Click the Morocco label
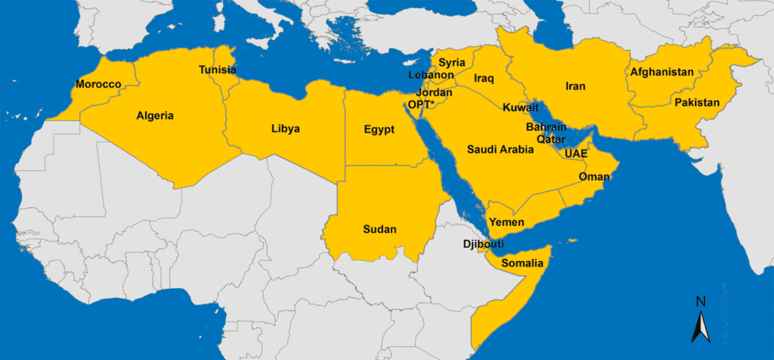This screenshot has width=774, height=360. coord(98,84)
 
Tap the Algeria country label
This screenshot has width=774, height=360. coord(155,116)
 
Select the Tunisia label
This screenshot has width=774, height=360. coord(217,70)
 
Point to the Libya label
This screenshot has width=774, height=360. coord(285,129)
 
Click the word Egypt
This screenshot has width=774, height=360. coord(379,129)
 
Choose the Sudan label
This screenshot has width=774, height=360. coord(379,229)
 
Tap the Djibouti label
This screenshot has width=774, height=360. coord(483,244)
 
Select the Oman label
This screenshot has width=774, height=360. coord(594,177)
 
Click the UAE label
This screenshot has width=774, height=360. coord(576,154)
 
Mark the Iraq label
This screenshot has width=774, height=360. coord(484,79)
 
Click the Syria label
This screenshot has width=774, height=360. coord(452,62)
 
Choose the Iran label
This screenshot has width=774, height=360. coord(575,86)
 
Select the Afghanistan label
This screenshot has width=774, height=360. coord(661,72)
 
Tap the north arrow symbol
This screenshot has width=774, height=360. coord(701,321)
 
